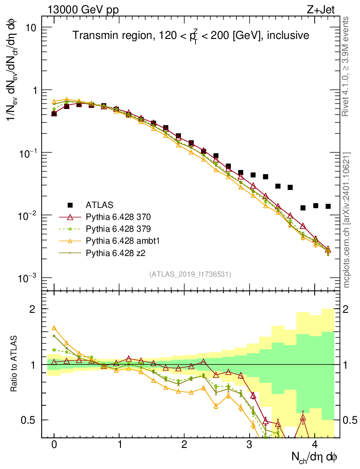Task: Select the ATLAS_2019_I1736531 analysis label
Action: point(190,274)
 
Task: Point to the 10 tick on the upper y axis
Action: point(31,27)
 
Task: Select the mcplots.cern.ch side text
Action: point(347,219)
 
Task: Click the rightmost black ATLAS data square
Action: point(328,206)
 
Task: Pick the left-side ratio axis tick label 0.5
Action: point(31,420)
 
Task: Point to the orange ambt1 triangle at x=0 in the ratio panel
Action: point(54,328)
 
